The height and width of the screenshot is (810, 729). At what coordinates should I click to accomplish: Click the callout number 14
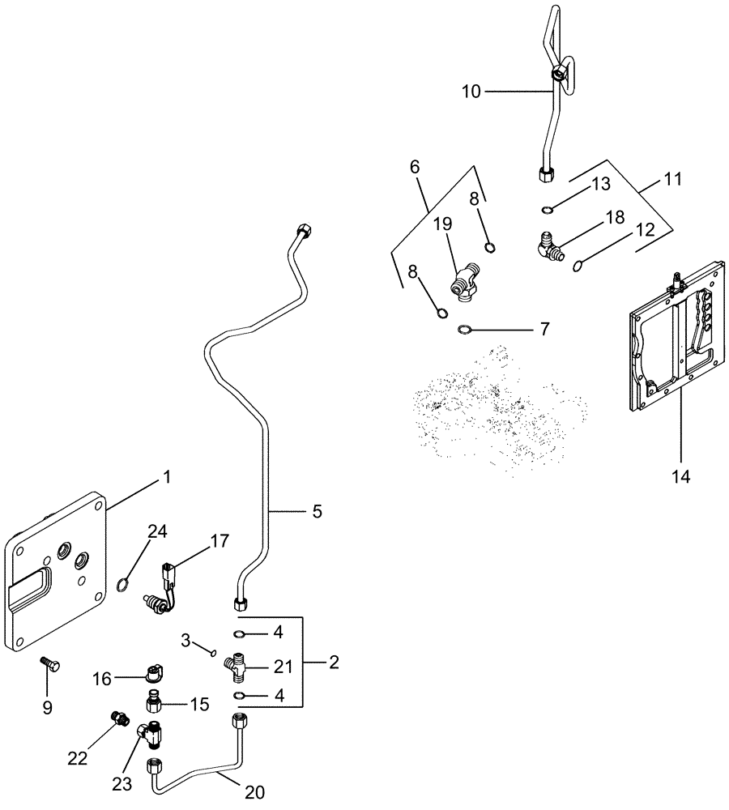click(680, 477)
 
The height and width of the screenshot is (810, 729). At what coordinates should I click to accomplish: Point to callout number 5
click(317, 511)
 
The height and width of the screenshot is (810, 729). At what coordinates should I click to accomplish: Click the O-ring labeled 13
click(548, 211)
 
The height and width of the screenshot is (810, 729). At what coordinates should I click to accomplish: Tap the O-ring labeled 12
click(578, 264)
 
